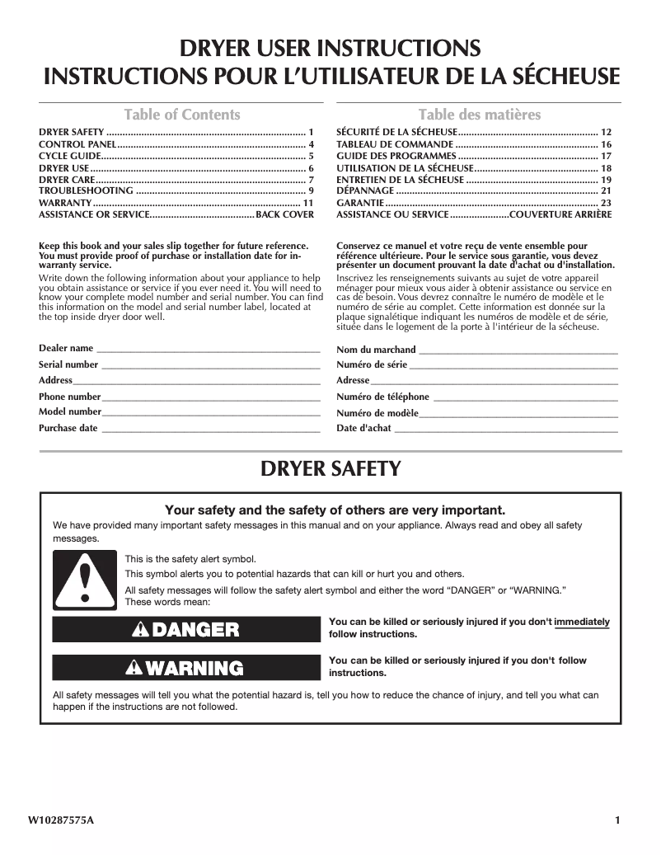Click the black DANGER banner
point(185,630)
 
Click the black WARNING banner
point(185,668)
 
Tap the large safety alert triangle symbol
point(84,578)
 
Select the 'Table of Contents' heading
point(181,115)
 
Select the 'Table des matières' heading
point(479,115)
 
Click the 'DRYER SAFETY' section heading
point(330,469)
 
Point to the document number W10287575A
point(61,820)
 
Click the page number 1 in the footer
point(616,820)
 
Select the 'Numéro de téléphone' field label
point(382,397)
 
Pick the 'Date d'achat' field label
point(363,428)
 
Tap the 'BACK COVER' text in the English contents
point(285,214)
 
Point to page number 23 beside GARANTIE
point(606,203)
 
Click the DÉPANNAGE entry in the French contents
point(364,190)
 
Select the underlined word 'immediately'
point(582,622)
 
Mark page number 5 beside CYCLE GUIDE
point(311,156)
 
